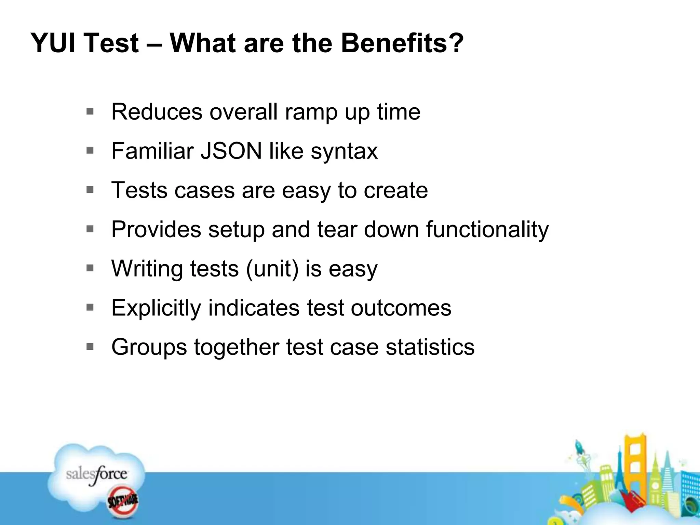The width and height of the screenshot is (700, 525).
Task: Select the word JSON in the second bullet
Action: click(x=231, y=151)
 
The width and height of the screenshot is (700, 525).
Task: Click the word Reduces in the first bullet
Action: click(x=157, y=112)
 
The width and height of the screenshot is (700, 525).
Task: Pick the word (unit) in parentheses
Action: click(x=272, y=269)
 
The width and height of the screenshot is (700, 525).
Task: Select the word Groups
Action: click(x=149, y=347)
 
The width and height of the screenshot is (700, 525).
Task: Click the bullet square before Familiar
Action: click(x=90, y=150)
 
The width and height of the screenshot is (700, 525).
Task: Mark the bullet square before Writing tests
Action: click(x=90, y=268)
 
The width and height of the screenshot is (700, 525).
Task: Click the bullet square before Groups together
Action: click(x=90, y=347)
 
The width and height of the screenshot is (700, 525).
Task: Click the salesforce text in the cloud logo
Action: click(x=96, y=474)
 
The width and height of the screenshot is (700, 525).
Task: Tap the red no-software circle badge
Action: click(x=123, y=501)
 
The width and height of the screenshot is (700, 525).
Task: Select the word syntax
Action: click(x=344, y=151)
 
